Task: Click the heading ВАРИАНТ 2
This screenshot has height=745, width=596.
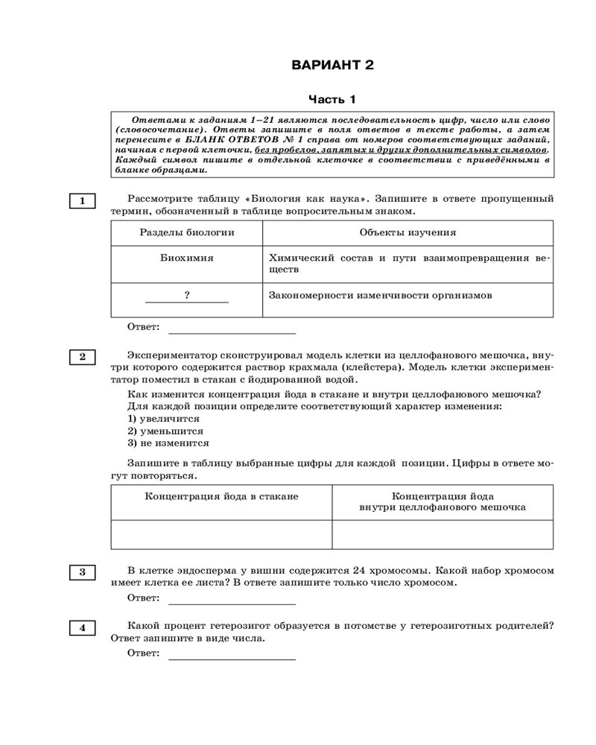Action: pyautogui.click(x=332, y=65)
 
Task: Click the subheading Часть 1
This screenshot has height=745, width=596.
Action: pyautogui.click(x=332, y=99)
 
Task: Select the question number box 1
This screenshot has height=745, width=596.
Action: pyautogui.click(x=83, y=200)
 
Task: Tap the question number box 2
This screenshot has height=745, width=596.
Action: pyautogui.click(x=83, y=357)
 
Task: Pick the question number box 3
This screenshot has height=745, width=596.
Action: pyautogui.click(x=83, y=572)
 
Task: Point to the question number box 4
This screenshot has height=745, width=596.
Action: pyautogui.click(x=83, y=628)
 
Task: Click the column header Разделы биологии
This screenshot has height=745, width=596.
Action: pyautogui.click(x=186, y=232)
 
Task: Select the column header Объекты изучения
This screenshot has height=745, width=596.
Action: pyautogui.click(x=408, y=232)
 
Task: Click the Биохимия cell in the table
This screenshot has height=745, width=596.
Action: pyautogui.click(x=186, y=258)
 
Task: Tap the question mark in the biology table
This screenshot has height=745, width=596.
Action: pyautogui.click(x=186, y=295)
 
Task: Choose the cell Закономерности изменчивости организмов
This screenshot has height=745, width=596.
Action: pyautogui.click(x=380, y=295)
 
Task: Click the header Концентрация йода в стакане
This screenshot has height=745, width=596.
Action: pyautogui.click(x=221, y=496)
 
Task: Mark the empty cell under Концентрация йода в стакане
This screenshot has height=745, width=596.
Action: pyautogui.click(x=221, y=534)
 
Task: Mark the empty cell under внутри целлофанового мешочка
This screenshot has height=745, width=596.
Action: pyautogui.click(x=443, y=534)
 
